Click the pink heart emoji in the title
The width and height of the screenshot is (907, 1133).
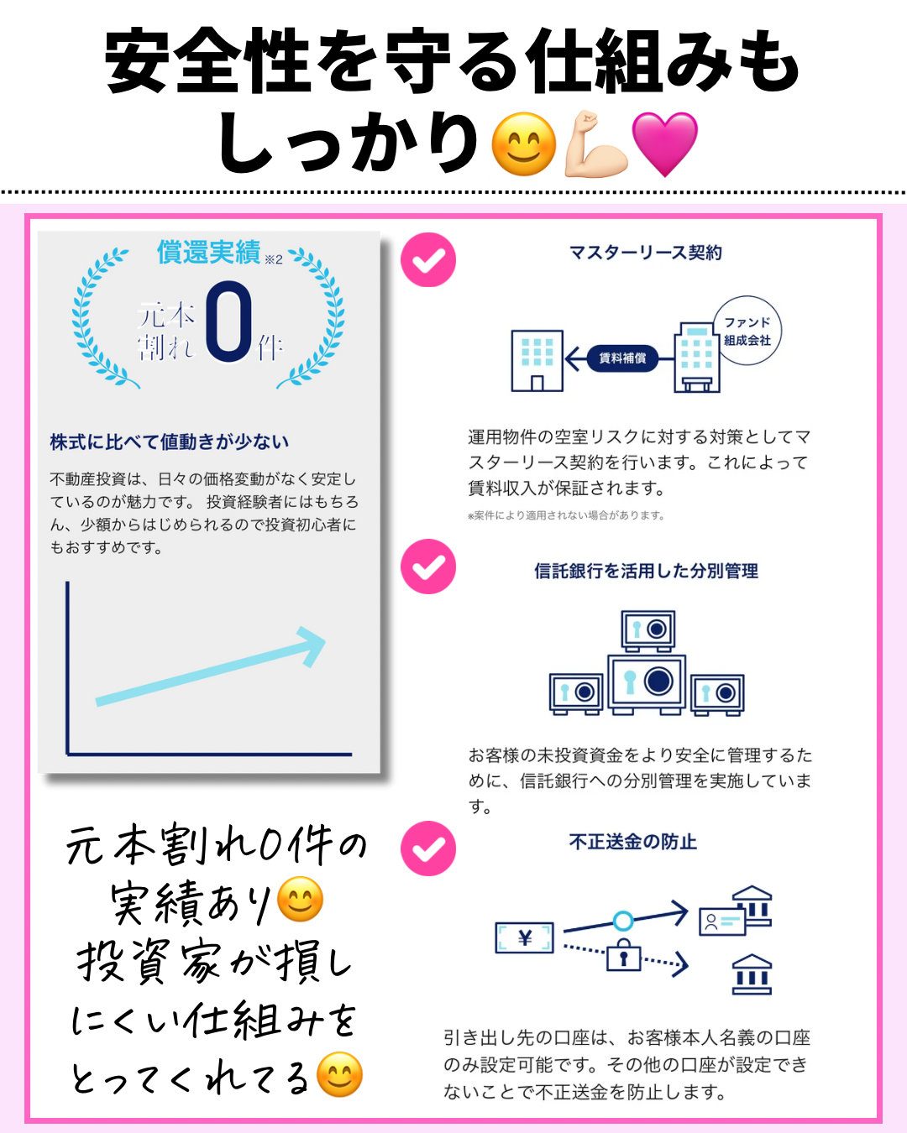coord(664,144)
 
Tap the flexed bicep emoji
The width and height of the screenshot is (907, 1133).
coord(596,144)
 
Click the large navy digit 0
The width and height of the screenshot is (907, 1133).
coord(228,321)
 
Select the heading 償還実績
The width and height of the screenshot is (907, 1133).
coord(209,252)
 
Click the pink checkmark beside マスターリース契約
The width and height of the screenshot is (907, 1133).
coord(428,259)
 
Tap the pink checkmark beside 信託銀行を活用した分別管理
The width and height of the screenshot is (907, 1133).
coord(428,566)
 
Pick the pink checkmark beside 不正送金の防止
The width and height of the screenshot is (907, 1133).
coord(428,848)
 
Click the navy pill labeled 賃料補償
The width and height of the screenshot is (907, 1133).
coord(622,358)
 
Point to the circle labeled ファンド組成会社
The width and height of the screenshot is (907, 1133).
coord(747,331)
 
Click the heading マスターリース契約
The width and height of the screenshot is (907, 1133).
coord(646,253)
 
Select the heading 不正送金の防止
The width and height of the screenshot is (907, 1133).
coord(633,842)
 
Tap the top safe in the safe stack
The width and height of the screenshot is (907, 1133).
coord(647,631)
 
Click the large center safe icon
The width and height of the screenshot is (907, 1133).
coord(647,684)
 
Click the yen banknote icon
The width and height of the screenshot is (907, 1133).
coord(524,937)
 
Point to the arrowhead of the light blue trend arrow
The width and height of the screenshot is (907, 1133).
coord(312,645)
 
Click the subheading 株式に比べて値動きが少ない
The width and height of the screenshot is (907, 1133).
coord(169,441)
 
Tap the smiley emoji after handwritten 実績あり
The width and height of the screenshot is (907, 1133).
coord(299,899)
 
